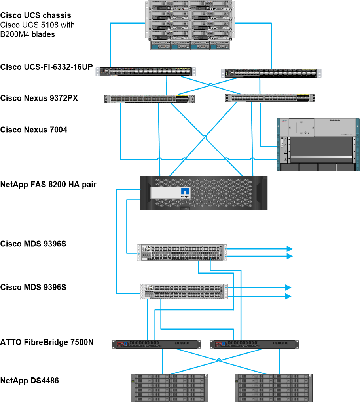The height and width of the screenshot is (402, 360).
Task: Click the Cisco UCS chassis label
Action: tap(36, 15)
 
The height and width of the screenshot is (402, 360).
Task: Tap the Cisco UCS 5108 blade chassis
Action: tap(190, 25)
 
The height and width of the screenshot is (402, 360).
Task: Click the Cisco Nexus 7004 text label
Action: tap(34, 130)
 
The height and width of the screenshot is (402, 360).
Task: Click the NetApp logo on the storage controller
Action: tap(186, 192)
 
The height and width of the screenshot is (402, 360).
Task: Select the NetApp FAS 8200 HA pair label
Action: tap(48, 184)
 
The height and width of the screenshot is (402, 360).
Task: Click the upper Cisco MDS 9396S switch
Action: tap(183, 252)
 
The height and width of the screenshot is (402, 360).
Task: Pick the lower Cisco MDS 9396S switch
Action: tap(184, 291)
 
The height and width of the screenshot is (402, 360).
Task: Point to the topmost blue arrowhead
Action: tap(290, 249)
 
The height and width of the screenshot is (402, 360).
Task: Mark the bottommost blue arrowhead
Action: tap(289, 296)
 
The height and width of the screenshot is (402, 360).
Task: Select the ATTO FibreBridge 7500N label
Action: tap(47, 342)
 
